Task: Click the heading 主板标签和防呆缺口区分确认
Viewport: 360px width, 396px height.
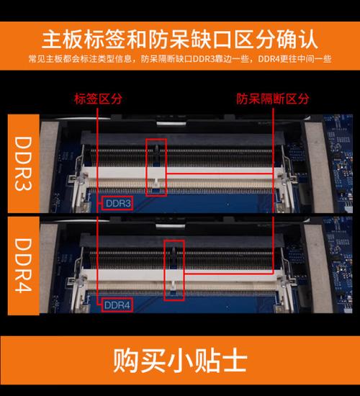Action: [x=180, y=37]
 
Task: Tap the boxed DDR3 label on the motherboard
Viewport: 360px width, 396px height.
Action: [x=117, y=204]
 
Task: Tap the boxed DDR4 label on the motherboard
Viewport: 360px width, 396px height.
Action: [x=117, y=305]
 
